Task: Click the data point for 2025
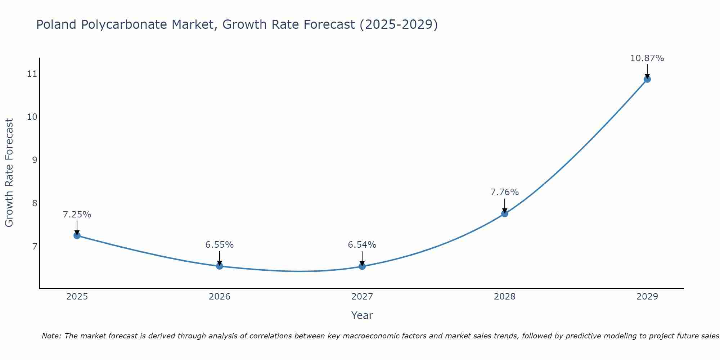pyautogui.click(x=77, y=235)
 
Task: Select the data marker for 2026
pyautogui.click(x=220, y=266)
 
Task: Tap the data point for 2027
pyautogui.click(x=362, y=266)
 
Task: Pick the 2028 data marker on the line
pyautogui.click(x=505, y=213)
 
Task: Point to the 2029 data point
pyautogui.click(x=647, y=79)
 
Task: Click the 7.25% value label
pyautogui.click(x=77, y=215)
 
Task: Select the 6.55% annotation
pyautogui.click(x=220, y=245)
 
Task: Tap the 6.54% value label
pyautogui.click(x=362, y=245)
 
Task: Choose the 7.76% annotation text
pyautogui.click(x=505, y=192)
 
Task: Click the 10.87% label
pyautogui.click(x=647, y=58)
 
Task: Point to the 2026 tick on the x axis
pyautogui.click(x=220, y=297)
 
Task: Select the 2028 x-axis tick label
pyautogui.click(x=505, y=297)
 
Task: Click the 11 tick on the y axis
pyautogui.click(x=32, y=74)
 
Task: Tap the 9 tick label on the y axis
pyautogui.click(x=35, y=160)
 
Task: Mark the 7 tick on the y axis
pyautogui.click(x=35, y=246)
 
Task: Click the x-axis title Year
pyautogui.click(x=362, y=315)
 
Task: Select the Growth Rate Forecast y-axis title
pyautogui.click(x=9, y=173)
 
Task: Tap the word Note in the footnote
pyautogui.click(x=51, y=336)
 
